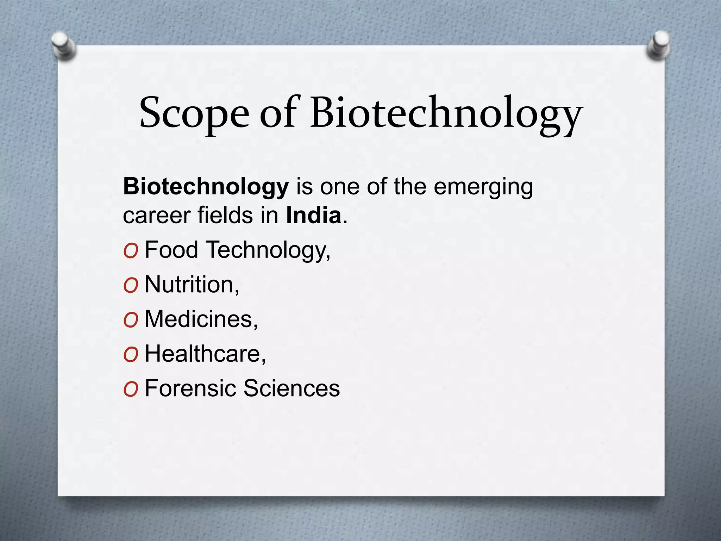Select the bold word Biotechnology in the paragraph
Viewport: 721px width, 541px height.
pos(206,187)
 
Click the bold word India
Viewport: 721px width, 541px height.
pos(314,215)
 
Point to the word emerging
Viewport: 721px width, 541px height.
pos(483,187)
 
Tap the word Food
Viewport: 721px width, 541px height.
pos(171,250)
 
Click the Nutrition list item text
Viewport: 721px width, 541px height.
pos(192,284)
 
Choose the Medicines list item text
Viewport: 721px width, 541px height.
pos(201,319)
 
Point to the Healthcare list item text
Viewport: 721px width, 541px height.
pos(205,353)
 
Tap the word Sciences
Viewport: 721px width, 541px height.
pos(291,388)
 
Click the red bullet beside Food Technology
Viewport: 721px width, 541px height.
pos(131,251)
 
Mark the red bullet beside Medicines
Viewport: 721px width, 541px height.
pos(131,320)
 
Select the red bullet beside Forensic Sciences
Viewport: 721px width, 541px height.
pos(131,390)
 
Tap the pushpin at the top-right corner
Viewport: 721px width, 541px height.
pos(658,46)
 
